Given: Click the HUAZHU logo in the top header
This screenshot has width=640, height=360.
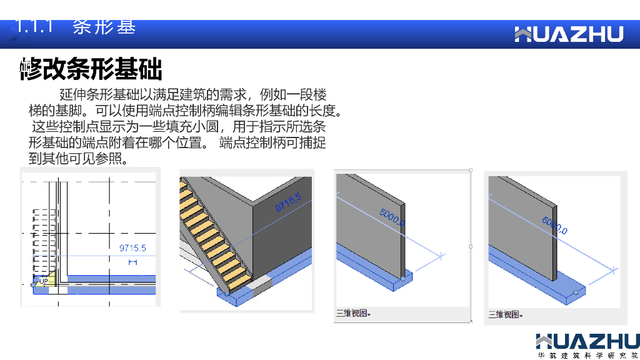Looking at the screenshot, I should (x=569, y=34).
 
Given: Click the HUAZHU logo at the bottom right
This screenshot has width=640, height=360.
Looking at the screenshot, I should (x=587, y=342).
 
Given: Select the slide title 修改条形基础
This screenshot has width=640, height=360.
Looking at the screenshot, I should (x=91, y=69).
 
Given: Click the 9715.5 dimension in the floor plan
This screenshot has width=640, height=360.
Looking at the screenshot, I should (x=132, y=248).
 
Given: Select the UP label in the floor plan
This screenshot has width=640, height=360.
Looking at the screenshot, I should (x=43, y=282).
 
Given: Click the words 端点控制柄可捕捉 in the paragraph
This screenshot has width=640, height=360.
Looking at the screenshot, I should (x=273, y=143).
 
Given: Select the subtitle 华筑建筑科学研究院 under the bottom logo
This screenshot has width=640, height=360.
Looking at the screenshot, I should (x=587, y=355).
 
